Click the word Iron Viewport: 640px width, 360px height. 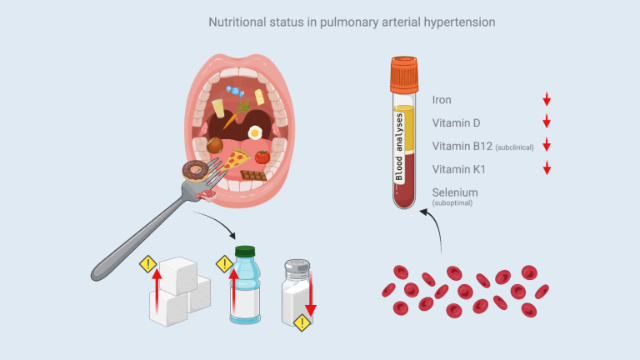(x=442, y=100)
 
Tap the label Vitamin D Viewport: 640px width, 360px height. (x=456, y=122)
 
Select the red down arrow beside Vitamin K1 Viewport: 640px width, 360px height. (x=547, y=167)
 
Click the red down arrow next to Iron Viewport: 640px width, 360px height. (x=547, y=99)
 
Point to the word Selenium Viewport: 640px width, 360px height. (x=455, y=192)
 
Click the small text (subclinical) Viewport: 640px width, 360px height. (x=515, y=147)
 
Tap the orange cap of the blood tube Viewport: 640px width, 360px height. (x=404, y=75)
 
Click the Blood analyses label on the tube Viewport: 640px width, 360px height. (x=399, y=147)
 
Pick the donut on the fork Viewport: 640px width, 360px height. (x=196, y=171)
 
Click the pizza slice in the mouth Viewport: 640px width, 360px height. (x=236, y=160)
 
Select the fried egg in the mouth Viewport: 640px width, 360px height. (x=255, y=132)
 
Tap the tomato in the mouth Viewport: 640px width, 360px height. (x=262, y=157)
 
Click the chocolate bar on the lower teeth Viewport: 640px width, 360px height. (x=254, y=176)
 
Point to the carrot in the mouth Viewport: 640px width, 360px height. (x=234, y=116)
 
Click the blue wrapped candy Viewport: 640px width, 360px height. (x=235, y=91)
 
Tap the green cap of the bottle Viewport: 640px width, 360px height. (x=245, y=251)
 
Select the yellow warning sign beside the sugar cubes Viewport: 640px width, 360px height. (x=148, y=264)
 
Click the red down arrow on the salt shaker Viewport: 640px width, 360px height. (x=311, y=294)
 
